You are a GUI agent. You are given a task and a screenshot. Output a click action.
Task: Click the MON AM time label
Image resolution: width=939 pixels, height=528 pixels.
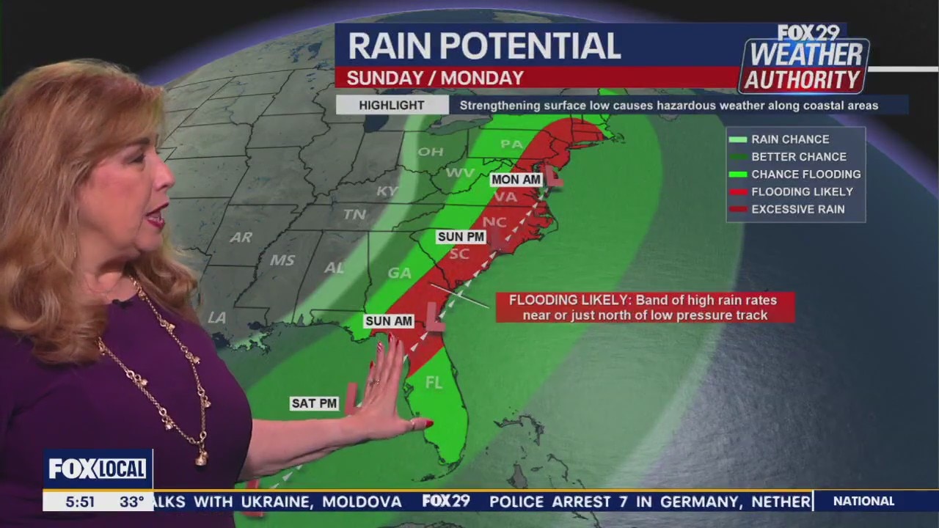[516, 180]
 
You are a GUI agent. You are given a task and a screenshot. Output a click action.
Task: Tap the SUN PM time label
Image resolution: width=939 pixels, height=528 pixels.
[461, 236]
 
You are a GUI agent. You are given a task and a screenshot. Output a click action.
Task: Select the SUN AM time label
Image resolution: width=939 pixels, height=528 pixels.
[389, 321]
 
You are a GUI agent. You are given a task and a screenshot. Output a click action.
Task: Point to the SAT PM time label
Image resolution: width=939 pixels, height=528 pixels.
[314, 403]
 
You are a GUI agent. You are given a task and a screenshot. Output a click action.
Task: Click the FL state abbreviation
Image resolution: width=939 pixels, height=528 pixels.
[434, 382]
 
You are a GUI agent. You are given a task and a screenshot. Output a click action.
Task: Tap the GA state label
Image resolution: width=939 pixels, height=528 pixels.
[399, 273]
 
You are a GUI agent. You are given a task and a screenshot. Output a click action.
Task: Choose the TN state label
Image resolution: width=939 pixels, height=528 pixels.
[355, 215]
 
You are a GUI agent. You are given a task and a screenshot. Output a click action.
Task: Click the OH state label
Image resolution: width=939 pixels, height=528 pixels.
[431, 152]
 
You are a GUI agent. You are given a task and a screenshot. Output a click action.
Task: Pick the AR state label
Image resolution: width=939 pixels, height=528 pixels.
[241, 238]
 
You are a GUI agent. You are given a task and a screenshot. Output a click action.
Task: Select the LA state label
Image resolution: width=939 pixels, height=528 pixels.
[216, 318]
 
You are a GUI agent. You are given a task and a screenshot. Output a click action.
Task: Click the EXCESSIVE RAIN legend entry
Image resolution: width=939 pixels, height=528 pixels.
[797, 209]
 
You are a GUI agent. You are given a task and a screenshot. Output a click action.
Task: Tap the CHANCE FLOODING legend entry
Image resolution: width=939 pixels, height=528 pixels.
[805, 174]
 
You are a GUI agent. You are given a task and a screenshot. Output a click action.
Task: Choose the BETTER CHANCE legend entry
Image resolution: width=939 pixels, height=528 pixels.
[798, 156]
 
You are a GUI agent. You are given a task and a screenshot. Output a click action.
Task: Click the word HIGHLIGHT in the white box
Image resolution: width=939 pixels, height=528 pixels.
[392, 106]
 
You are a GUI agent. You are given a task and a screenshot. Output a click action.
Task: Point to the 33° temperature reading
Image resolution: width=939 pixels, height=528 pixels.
[132, 502]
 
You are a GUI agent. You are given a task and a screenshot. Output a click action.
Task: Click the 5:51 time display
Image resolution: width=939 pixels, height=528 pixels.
[80, 502]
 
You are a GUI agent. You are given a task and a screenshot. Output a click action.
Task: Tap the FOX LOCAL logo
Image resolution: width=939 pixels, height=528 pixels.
[98, 469]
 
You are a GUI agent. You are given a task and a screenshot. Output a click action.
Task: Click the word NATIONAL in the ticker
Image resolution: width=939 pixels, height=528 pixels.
[863, 501]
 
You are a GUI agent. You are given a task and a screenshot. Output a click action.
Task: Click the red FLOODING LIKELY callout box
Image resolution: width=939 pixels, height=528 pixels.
[645, 307]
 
